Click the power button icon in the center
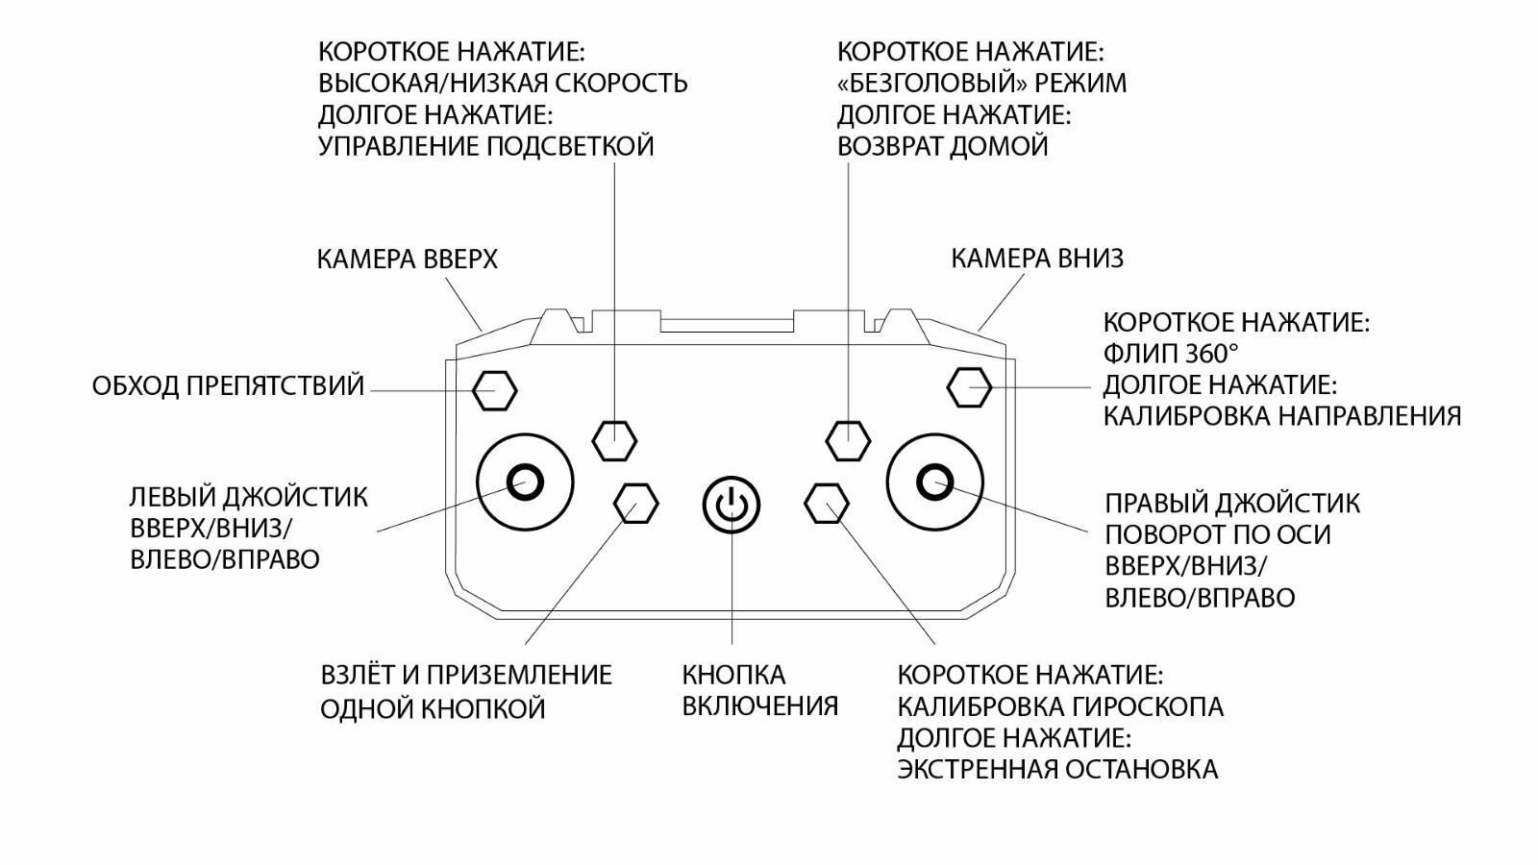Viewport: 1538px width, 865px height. (x=732, y=504)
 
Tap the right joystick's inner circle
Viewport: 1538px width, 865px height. (x=934, y=480)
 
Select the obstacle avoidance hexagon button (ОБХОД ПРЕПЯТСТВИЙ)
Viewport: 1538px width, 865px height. (x=496, y=390)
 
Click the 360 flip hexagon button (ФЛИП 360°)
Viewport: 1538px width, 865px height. (x=969, y=387)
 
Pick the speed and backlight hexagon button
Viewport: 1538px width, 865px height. (x=614, y=440)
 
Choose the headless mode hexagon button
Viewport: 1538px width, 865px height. (x=848, y=440)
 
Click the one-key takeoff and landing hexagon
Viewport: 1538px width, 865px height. (x=636, y=502)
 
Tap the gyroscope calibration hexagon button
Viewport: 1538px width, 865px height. (x=827, y=502)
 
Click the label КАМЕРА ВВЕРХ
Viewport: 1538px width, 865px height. (x=408, y=259)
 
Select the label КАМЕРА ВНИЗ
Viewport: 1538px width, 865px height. (x=1036, y=259)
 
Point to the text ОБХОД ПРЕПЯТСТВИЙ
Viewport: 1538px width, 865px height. (x=229, y=386)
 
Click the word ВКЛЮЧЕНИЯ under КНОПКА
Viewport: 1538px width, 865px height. (x=759, y=706)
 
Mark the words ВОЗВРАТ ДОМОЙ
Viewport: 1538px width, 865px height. (x=942, y=147)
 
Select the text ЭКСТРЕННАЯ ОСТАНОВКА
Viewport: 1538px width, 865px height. (x=1057, y=770)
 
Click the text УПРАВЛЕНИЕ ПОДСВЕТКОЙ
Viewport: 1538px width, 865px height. (x=485, y=146)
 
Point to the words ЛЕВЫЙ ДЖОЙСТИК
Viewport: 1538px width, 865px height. (x=249, y=498)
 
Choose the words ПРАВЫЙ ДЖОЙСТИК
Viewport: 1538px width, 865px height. (x=1232, y=503)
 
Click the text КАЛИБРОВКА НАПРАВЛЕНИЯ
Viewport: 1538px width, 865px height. (x=1281, y=416)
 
